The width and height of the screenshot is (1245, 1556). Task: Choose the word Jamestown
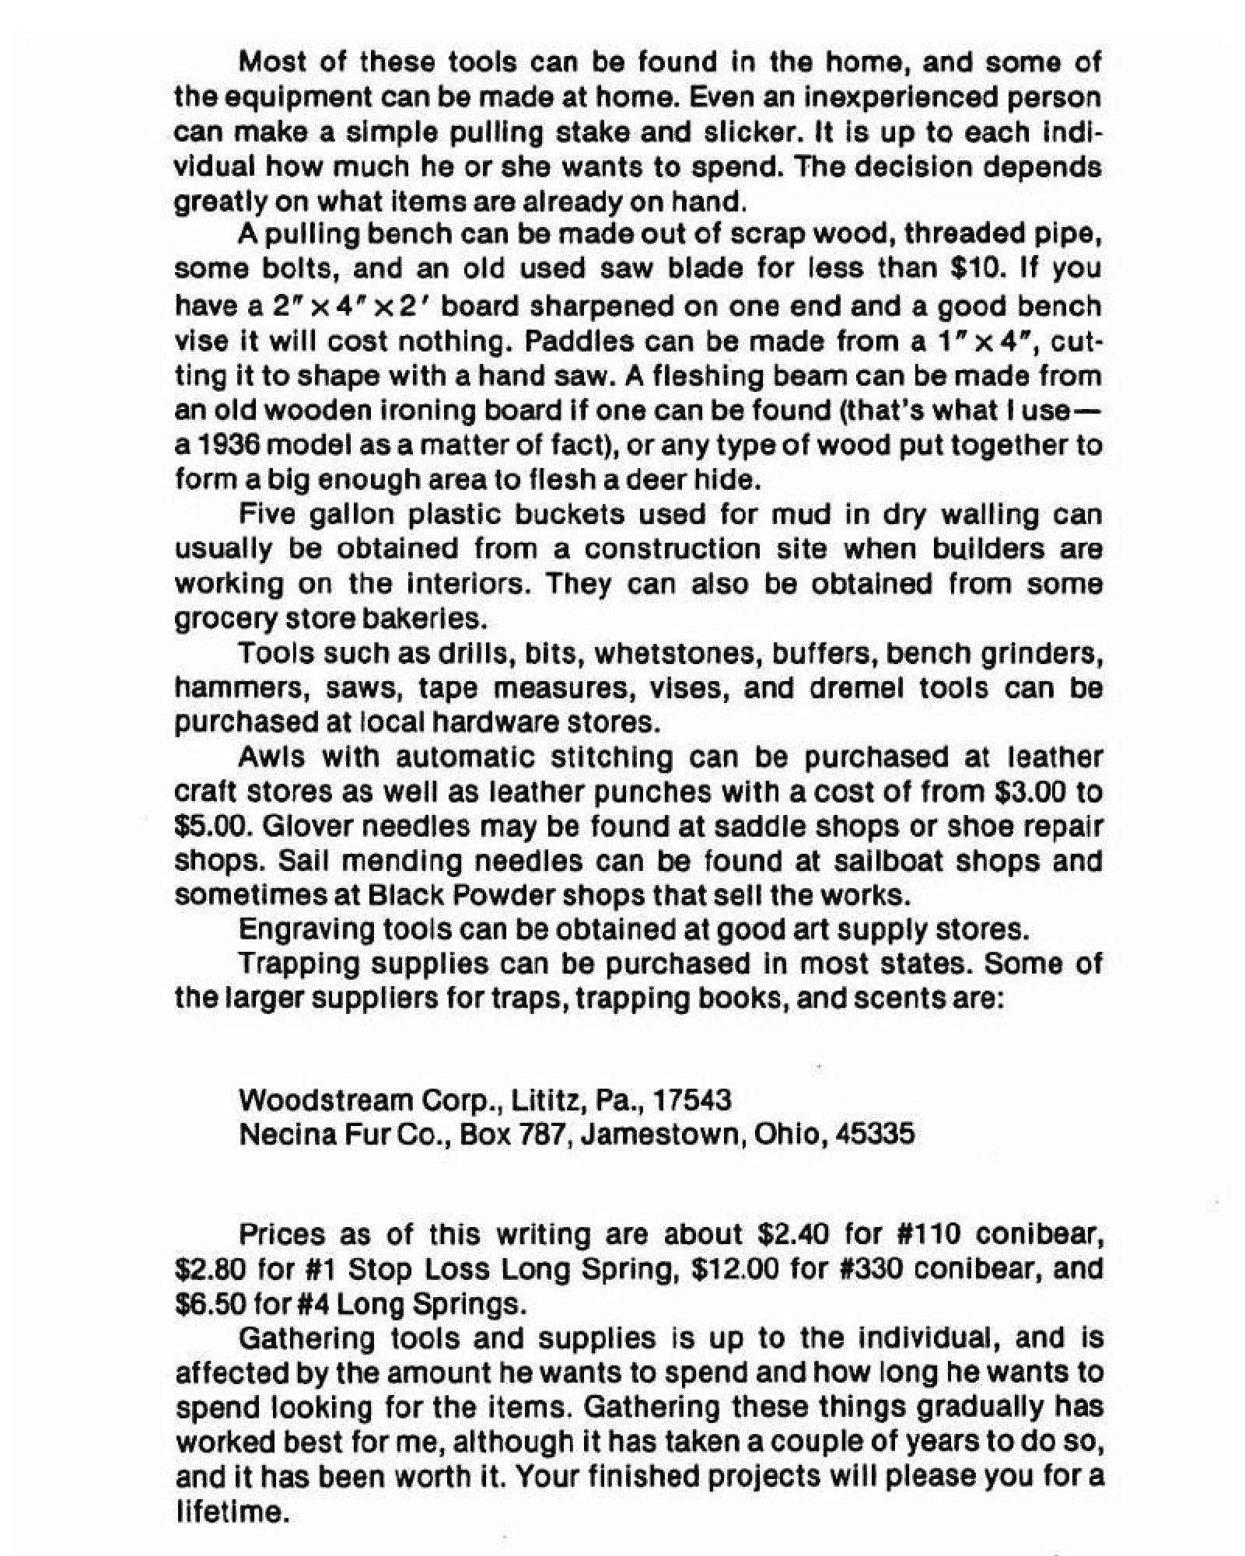tap(660, 1135)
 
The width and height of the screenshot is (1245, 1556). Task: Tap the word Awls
tap(270, 757)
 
